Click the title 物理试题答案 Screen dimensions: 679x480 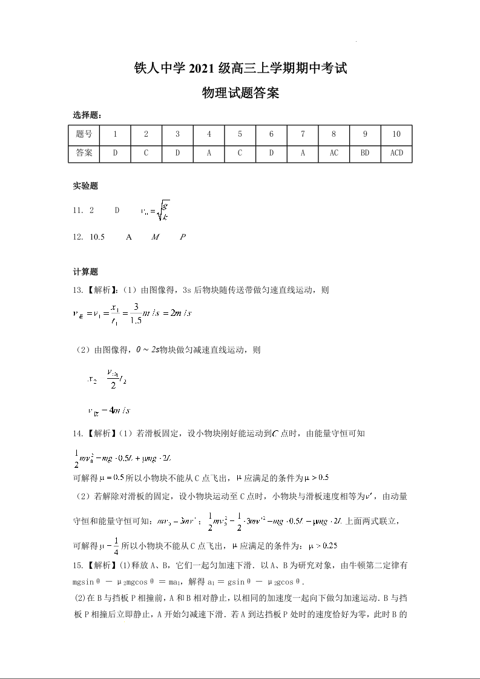240,93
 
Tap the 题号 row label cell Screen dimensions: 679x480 84,134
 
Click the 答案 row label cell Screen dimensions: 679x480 84,153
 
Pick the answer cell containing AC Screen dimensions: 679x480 334,153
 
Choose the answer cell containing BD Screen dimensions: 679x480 365,153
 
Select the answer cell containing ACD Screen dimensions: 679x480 396,153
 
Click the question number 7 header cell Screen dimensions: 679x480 303,134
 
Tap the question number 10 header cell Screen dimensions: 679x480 396,134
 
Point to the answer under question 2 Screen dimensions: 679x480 146,153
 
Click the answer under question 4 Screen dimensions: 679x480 209,153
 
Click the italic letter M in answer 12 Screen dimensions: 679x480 155,237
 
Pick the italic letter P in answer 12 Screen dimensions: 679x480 183,237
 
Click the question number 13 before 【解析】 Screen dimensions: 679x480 77,290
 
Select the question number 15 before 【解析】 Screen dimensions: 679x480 77,565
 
